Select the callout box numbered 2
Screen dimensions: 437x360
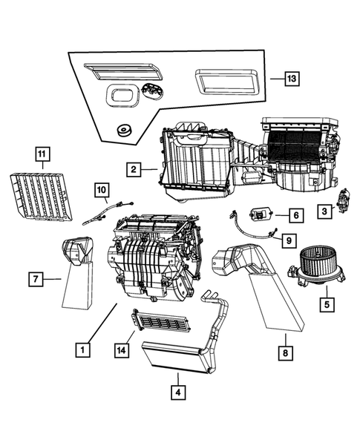pos(134,170)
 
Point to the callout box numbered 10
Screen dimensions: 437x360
pos(101,191)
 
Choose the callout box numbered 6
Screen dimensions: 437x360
pos(295,215)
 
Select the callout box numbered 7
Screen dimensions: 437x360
pos(35,279)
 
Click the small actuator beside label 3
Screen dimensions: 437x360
pos(343,199)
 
